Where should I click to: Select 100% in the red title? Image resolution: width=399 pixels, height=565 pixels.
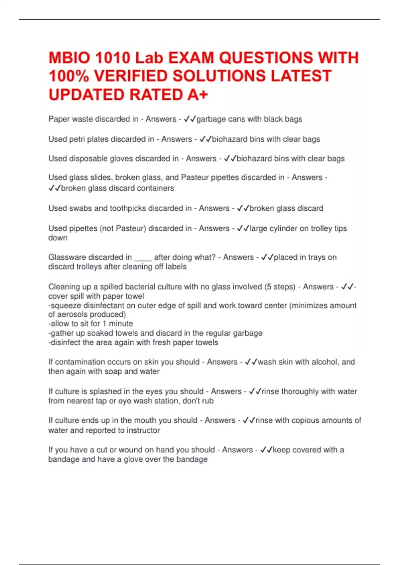pos(68,76)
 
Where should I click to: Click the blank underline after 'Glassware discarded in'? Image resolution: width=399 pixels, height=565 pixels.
pos(143,258)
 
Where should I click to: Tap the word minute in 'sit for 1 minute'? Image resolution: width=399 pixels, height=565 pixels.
pos(121,324)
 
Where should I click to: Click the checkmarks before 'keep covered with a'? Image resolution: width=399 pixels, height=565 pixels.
pos(266,450)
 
